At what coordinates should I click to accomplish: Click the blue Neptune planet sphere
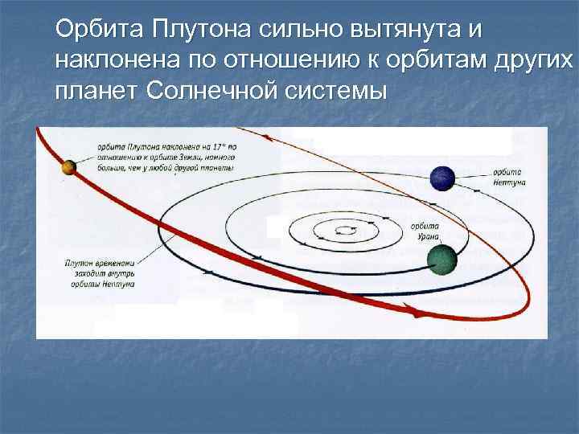click(442, 178)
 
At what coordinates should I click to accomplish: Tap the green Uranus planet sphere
click(441, 260)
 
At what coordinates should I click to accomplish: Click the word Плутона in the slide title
click(193, 30)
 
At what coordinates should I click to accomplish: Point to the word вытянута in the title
click(406, 30)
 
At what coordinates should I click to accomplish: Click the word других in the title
click(533, 59)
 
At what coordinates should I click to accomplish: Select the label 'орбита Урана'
click(424, 231)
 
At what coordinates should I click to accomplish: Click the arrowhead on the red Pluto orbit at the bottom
click(416, 317)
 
